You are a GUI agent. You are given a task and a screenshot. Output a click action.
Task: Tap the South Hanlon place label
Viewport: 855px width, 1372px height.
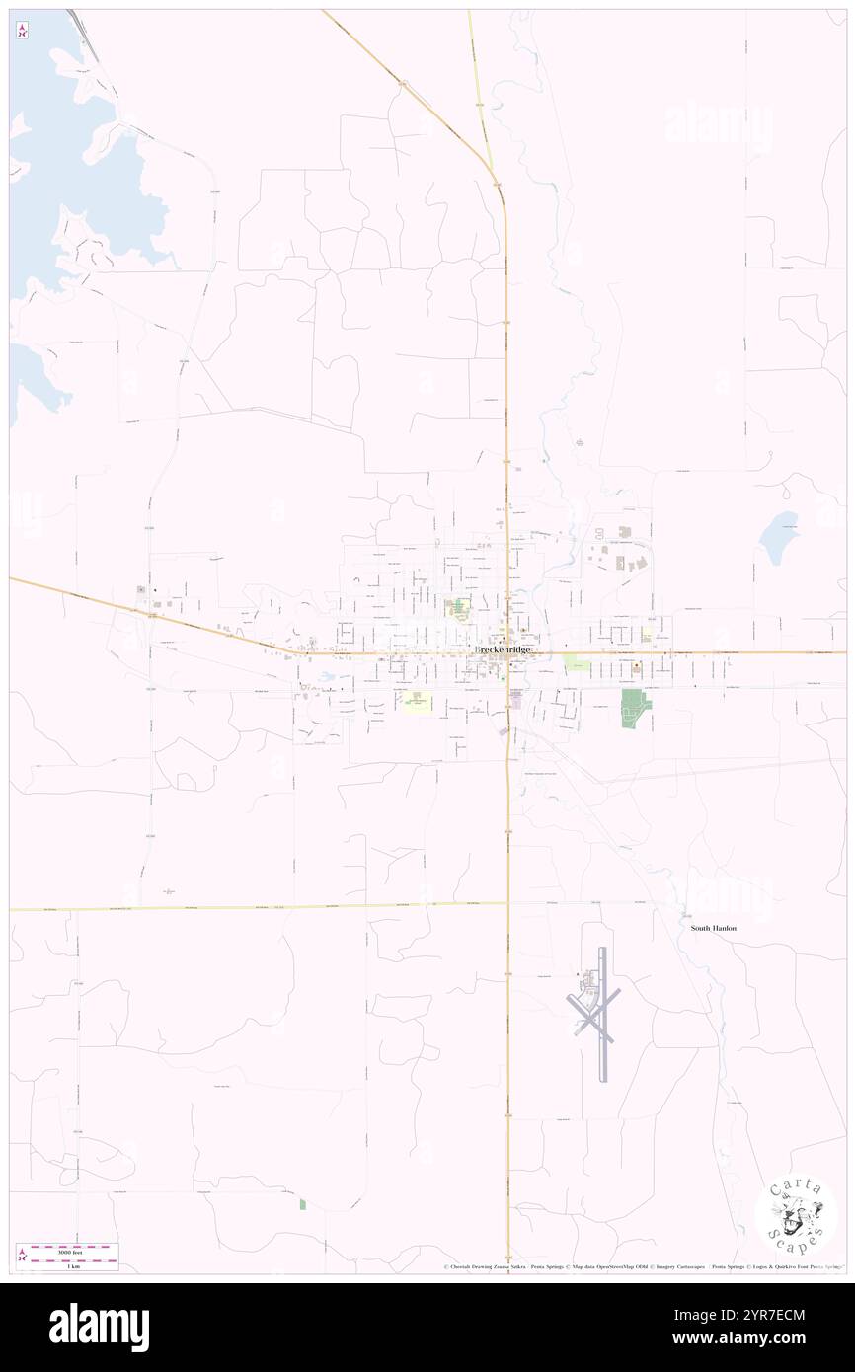pyautogui.click(x=714, y=928)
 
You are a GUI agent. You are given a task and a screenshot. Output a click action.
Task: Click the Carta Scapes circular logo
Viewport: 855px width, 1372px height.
pyautogui.click(x=796, y=1216)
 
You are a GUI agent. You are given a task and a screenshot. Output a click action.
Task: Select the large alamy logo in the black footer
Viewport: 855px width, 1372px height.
pyautogui.click(x=100, y=1327)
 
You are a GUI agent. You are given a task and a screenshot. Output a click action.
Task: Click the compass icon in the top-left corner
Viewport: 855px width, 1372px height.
pyautogui.click(x=23, y=31)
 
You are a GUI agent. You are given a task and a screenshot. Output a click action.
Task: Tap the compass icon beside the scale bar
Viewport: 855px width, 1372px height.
pyautogui.click(x=23, y=1256)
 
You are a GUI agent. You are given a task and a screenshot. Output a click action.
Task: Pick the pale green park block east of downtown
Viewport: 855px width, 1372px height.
pyautogui.click(x=576, y=666)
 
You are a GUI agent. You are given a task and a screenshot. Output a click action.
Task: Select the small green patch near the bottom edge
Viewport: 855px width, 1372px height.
pyautogui.click(x=302, y=1203)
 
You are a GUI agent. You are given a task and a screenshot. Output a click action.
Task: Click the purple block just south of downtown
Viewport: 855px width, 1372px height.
pyautogui.click(x=515, y=700)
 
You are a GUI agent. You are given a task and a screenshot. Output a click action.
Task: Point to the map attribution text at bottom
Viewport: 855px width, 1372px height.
pyautogui.click(x=642, y=1266)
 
